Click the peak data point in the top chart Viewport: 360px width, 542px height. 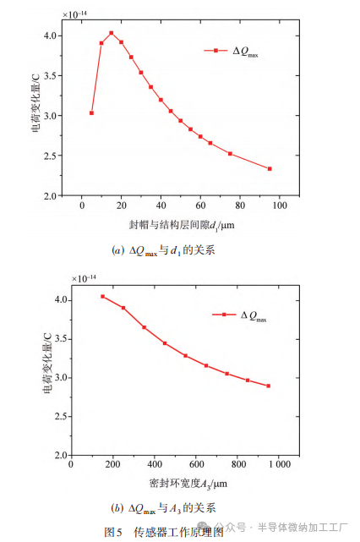[x=112, y=33]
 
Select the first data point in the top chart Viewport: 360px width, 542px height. [x=91, y=112]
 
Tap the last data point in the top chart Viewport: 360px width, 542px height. [x=270, y=168]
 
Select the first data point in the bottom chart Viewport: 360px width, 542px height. [x=103, y=297]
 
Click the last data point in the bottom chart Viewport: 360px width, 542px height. [x=269, y=386]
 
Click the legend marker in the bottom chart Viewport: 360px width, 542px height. [x=224, y=315]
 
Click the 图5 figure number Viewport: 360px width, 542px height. [x=114, y=531]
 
